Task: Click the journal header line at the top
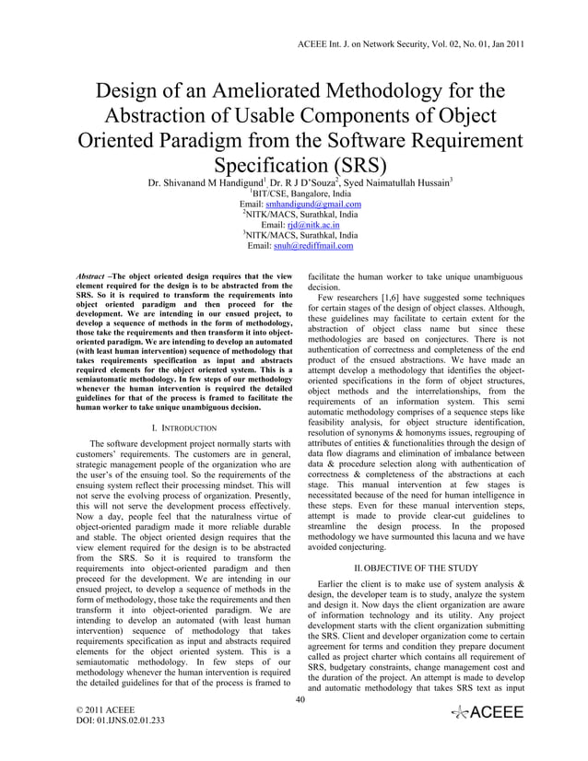410,43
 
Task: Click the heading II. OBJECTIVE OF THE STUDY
416,568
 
